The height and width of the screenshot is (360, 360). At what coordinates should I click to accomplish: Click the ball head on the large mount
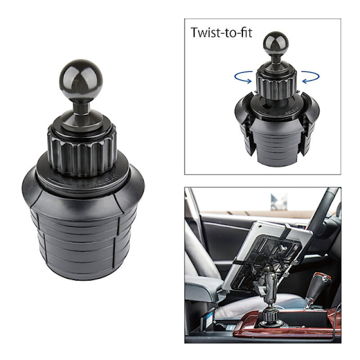pyautogui.click(x=81, y=81)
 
